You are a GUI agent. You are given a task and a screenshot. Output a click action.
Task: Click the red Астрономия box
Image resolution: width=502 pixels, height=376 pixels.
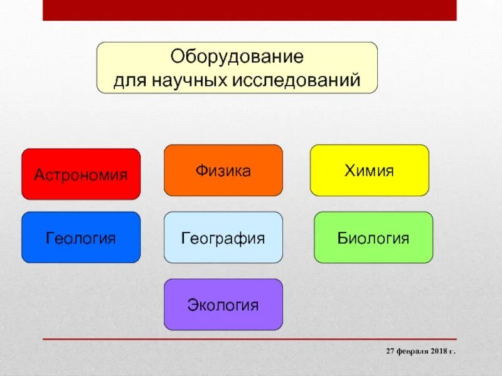[x=81, y=174]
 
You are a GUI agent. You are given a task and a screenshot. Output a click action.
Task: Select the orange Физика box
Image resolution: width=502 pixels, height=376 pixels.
[x=223, y=170]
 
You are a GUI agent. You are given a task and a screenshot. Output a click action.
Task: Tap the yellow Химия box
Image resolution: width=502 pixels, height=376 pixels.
[x=370, y=170]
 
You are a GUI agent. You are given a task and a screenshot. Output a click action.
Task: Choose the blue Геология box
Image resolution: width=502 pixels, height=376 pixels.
[x=81, y=238]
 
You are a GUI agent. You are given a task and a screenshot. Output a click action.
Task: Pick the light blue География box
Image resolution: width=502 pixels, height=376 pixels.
[x=223, y=238]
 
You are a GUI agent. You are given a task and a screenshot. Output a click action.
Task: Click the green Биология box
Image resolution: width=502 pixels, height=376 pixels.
[x=373, y=238]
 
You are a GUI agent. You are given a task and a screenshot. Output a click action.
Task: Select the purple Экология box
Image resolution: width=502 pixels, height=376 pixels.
[x=223, y=305]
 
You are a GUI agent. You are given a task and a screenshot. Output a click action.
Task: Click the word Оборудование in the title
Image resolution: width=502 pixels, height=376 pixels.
[x=237, y=56]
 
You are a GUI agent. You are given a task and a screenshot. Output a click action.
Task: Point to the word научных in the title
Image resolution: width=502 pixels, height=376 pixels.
[x=190, y=80]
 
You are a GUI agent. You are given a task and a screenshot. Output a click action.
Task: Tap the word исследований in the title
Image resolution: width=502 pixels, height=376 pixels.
[x=296, y=80]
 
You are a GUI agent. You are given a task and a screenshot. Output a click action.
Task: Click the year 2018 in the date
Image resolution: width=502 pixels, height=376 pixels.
[x=438, y=351]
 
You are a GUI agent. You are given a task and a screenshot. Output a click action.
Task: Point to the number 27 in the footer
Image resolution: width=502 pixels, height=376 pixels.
[x=390, y=351]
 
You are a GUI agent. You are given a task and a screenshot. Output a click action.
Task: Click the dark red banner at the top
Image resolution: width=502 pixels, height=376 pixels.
[x=250, y=10]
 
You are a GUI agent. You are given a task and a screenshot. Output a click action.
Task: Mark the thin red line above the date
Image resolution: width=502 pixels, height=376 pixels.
[x=250, y=339]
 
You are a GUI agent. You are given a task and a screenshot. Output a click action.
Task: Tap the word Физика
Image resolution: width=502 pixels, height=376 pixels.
[x=223, y=170]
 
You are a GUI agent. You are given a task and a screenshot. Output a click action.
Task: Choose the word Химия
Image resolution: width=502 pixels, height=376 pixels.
[x=369, y=170]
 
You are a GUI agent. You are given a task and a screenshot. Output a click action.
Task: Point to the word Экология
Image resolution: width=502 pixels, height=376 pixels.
[x=223, y=305]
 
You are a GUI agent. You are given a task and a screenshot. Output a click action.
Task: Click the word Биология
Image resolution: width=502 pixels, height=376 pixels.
[x=373, y=238]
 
